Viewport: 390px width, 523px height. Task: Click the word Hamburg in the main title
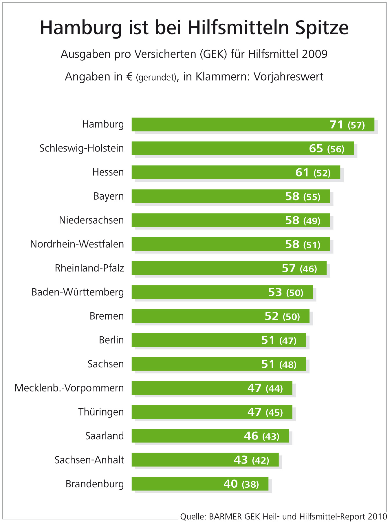[81, 28]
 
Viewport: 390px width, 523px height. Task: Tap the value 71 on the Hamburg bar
[336, 125]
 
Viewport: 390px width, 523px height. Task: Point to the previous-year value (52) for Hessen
[322, 173]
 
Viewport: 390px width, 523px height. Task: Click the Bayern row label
[109, 196]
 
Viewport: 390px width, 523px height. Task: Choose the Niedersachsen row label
[91, 220]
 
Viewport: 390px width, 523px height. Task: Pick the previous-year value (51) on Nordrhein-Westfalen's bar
[312, 245]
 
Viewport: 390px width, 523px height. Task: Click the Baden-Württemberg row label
[78, 292]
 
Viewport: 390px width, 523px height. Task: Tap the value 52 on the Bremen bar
[271, 316]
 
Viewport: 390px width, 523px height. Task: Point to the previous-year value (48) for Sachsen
[288, 365]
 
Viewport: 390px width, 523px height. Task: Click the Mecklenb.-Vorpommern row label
[69, 388]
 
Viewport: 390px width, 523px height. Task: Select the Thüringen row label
[101, 412]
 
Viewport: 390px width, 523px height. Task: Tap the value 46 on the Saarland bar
[251, 436]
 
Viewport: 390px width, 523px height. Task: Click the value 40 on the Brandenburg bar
[230, 484]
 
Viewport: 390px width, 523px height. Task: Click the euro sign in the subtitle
[129, 77]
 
